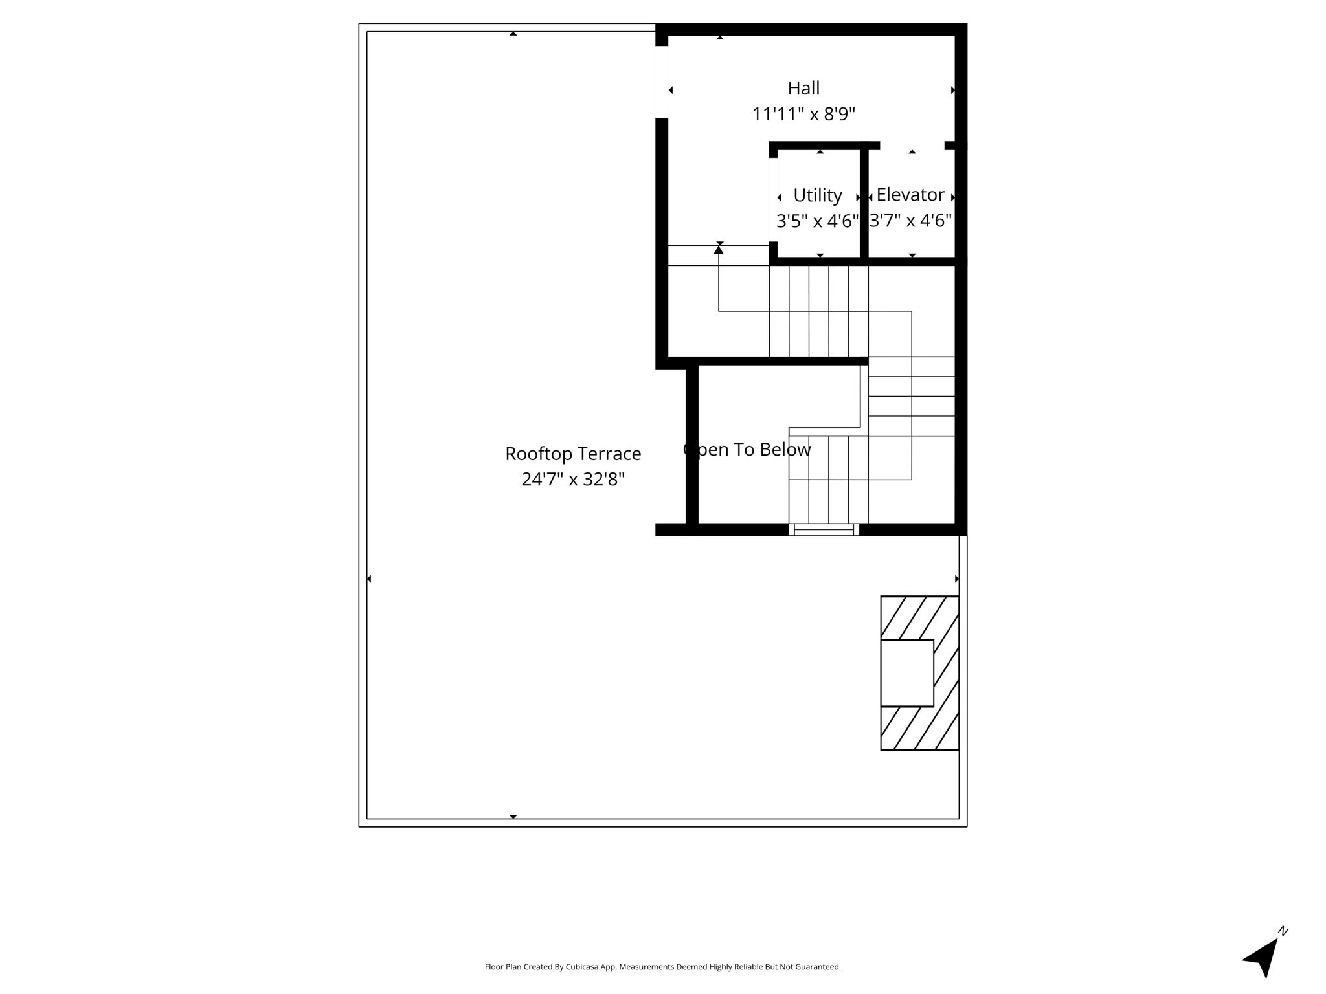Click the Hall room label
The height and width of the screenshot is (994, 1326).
point(803,88)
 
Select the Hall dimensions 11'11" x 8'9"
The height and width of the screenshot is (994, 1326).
point(803,115)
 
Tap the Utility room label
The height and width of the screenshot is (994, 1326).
point(818,195)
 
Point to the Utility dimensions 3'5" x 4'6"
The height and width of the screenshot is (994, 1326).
point(818,221)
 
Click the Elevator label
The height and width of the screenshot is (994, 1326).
point(910,195)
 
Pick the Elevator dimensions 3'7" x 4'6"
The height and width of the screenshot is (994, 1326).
point(910,221)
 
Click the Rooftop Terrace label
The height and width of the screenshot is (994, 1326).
point(573,454)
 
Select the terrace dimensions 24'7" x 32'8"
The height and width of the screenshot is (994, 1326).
point(573,480)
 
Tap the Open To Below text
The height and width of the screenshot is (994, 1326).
point(747,450)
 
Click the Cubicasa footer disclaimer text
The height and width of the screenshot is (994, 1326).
point(662,967)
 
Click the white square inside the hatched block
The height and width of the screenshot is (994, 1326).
point(907,673)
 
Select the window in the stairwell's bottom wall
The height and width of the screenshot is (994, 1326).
point(824,529)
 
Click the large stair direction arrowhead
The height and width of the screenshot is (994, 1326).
point(719,249)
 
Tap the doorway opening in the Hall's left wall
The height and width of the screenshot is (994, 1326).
point(662,82)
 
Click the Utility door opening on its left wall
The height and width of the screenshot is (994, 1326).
point(773,199)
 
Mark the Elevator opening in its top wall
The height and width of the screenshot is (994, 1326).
point(912,146)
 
